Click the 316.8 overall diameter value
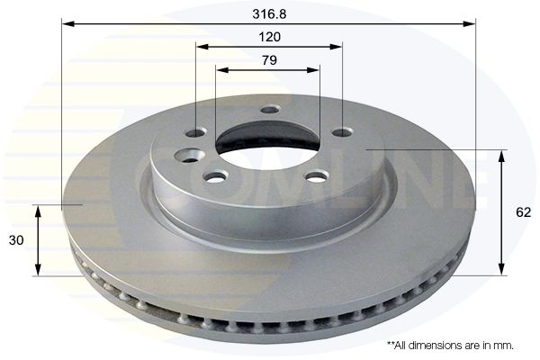pyautogui.click(x=269, y=13)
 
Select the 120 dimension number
pyautogui.click(x=269, y=37)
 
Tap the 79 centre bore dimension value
pyautogui.click(x=269, y=60)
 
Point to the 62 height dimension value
pyautogui.click(x=523, y=212)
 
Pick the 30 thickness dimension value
pyautogui.click(x=16, y=240)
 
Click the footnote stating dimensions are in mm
pyautogui.click(x=451, y=345)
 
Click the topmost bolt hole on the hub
pyautogui.click(x=270, y=110)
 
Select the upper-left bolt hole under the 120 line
pyautogui.click(x=195, y=132)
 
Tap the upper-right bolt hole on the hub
pyautogui.click(x=344, y=132)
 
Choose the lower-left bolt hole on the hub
pyautogui.click(x=216, y=177)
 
